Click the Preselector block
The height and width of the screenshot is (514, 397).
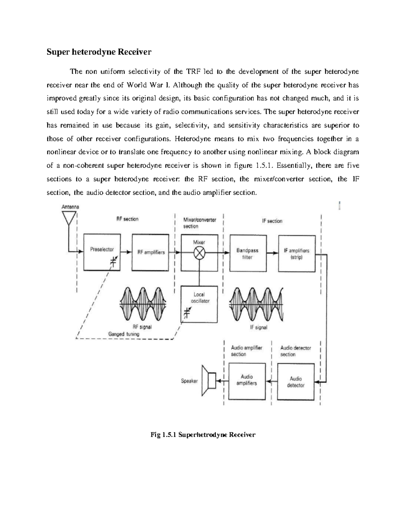[102, 252]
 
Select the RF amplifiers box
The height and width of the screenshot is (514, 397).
[151, 252]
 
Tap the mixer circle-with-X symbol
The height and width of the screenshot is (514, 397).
[199, 253]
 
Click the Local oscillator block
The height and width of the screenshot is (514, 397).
[199, 304]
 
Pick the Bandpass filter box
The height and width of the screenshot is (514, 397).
[247, 254]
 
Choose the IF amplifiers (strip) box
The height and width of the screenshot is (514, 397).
[296, 254]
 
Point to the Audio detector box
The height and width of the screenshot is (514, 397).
[295, 382]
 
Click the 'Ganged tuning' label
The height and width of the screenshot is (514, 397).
[124, 334]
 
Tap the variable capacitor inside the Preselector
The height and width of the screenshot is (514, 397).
[113, 262]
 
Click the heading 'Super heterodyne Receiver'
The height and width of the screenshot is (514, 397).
[99, 52]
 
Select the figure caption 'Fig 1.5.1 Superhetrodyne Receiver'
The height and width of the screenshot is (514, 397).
[203, 435]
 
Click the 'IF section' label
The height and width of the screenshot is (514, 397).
[272, 221]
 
